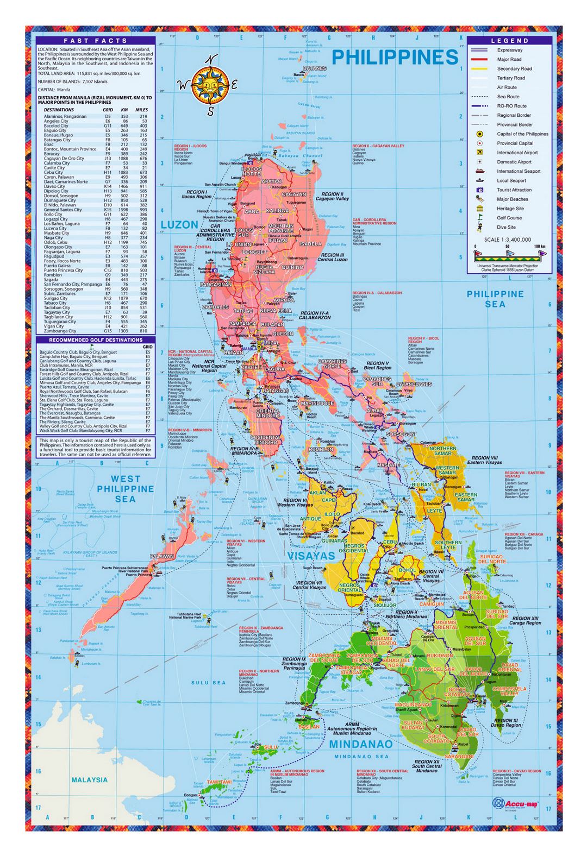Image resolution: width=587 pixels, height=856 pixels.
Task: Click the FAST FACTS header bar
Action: [x=96, y=41]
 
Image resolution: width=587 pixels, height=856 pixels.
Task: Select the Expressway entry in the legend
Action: [x=510, y=50]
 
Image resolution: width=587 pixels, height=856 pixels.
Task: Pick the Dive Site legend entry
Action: [x=506, y=227]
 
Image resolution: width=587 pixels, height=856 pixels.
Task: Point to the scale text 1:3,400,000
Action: [x=508, y=240]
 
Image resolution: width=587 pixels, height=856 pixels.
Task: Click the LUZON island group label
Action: [x=179, y=224]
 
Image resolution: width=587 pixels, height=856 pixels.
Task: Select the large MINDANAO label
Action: [x=360, y=744]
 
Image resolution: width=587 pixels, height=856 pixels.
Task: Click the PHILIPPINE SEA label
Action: [x=495, y=299]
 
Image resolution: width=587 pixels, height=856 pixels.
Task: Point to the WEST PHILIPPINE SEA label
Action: [x=125, y=489]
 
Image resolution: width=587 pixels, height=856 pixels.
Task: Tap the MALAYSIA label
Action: [x=90, y=779]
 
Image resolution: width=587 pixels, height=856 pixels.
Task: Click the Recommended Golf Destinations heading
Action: [x=96, y=340]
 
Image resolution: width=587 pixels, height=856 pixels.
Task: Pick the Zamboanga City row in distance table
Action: [x=96, y=331]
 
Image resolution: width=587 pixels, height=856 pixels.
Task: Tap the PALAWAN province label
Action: [x=162, y=556]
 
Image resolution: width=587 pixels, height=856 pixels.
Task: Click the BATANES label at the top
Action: [x=315, y=68]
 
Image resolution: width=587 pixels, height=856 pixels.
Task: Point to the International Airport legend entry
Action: [x=517, y=153]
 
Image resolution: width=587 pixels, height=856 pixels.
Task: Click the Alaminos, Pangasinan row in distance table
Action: [x=96, y=116]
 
